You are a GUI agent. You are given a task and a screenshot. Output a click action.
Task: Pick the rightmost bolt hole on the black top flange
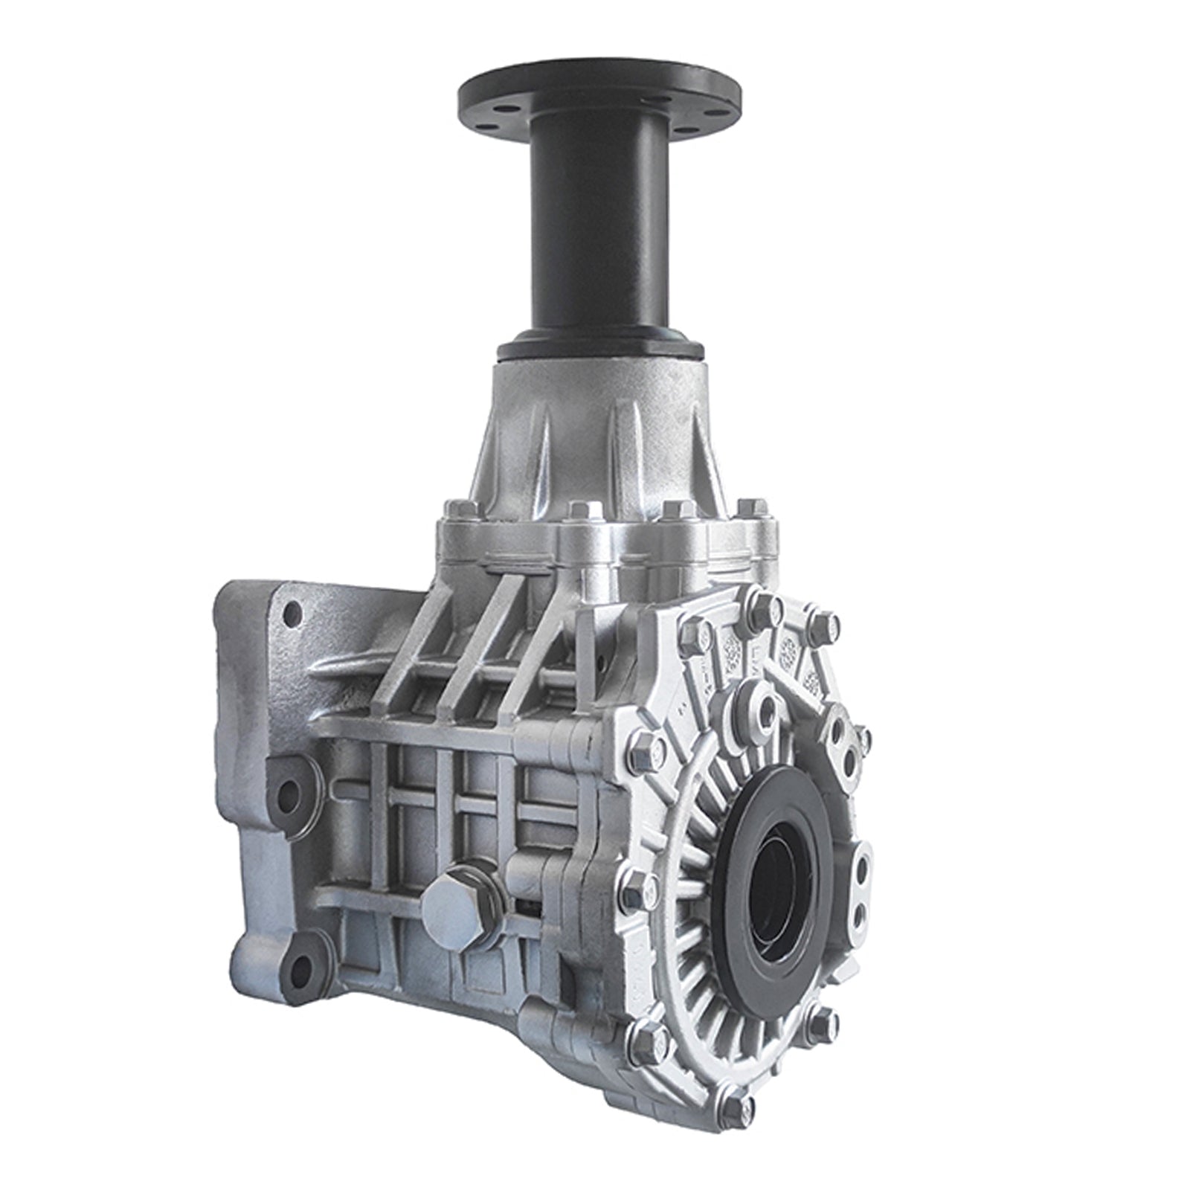click(721, 109)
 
